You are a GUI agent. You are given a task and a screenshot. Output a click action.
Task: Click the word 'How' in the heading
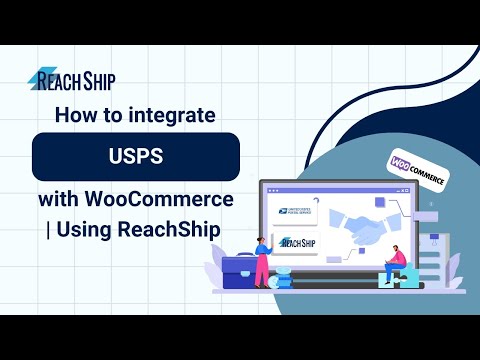[x=74, y=115]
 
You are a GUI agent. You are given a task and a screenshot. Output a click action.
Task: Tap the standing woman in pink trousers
[x=262, y=259]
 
